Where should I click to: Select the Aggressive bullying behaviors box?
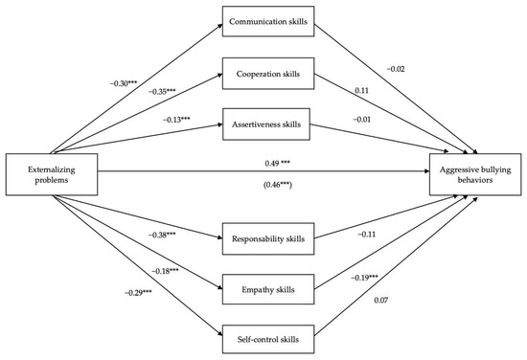click(474, 172)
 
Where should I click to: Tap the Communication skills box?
click(263, 20)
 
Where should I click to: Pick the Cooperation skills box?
click(263, 72)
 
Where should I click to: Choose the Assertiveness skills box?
click(263, 124)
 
